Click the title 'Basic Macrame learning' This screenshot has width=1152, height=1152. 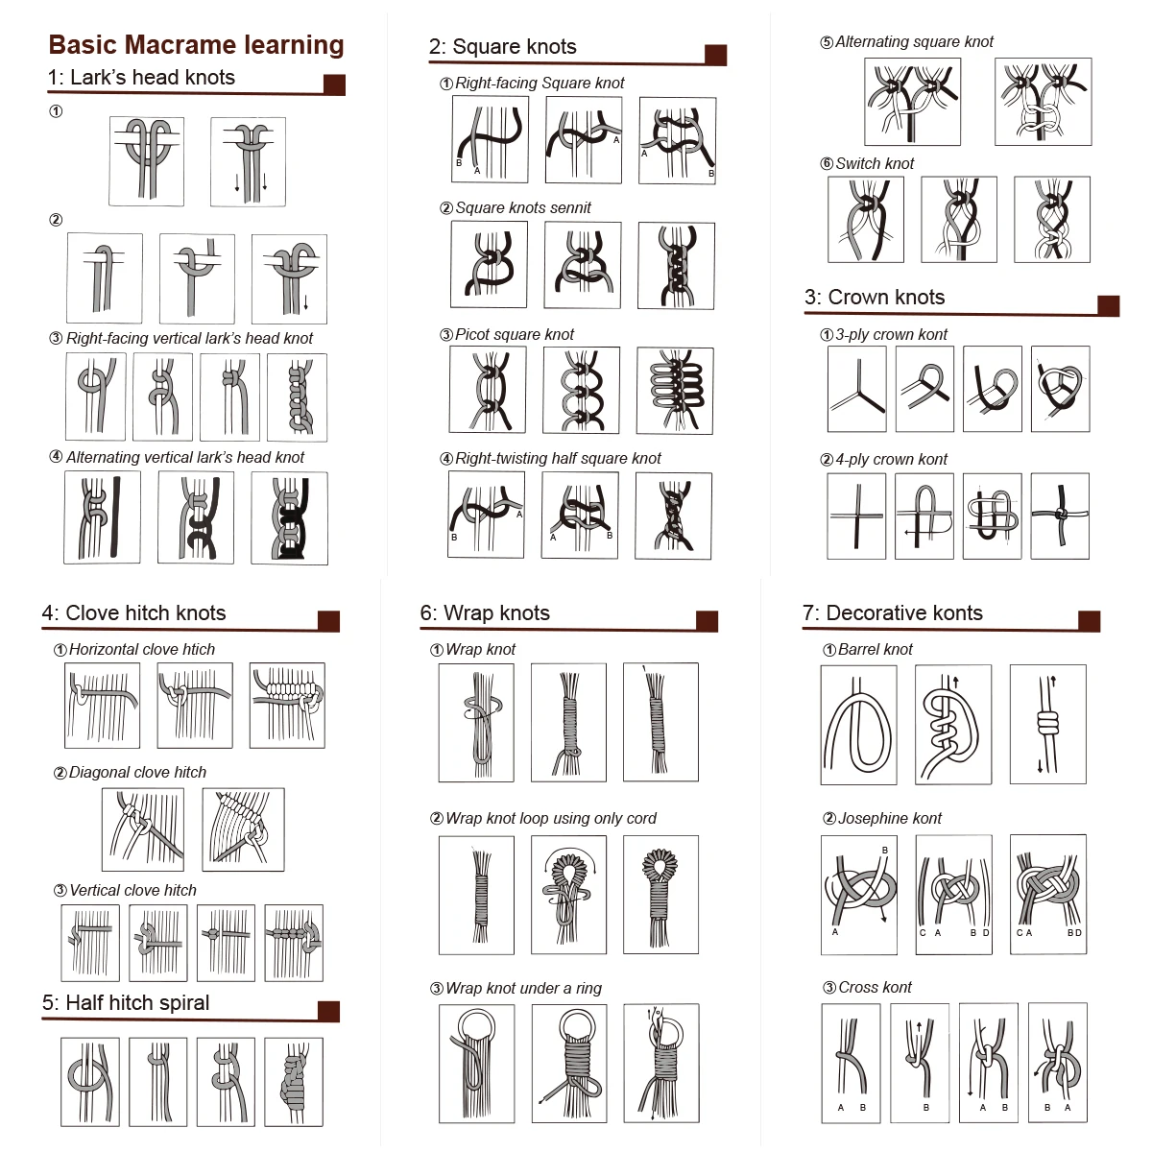click(x=196, y=45)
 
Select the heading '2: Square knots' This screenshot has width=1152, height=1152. click(x=502, y=47)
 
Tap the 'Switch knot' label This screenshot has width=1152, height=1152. click(x=874, y=163)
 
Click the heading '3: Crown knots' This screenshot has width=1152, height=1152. click(x=874, y=297)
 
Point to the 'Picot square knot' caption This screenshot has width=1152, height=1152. click(x=515, y=334)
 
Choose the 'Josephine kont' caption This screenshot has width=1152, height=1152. click(x=890, y=818)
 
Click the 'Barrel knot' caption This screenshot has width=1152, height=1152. click(x=876, y=649)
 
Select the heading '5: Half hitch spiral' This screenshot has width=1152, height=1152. click(x=126, y=1002)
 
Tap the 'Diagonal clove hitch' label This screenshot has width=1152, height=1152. click(x=137, y=773)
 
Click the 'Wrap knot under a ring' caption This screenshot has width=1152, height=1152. click(x=524, y=988)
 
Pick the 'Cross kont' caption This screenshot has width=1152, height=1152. click(x=875, y=987)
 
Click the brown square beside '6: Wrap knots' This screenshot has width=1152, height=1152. click(x=707, y=621)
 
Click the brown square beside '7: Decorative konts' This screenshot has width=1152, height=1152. click(x=1090, y=621)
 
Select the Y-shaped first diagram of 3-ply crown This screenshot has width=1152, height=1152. click(x=856, y=389)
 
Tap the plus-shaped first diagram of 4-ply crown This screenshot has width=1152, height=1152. click(x=856, y=516)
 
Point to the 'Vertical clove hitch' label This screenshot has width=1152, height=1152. click(x=132, y=890)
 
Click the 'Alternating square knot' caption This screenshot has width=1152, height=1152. click(x=914, y=42)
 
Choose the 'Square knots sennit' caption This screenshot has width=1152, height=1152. click(x=523, y=207)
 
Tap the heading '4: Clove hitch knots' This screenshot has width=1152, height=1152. click(x=133, y=612)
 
